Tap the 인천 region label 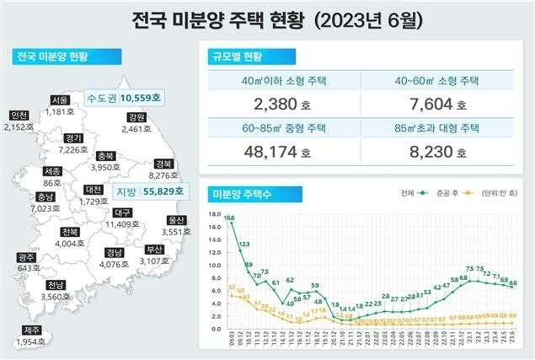tap(17, 116)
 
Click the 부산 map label tap(154, 250)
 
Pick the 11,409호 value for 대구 tap(124, 225)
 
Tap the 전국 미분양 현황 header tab tap(53, 56)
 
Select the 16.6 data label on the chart tap(229, 218)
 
